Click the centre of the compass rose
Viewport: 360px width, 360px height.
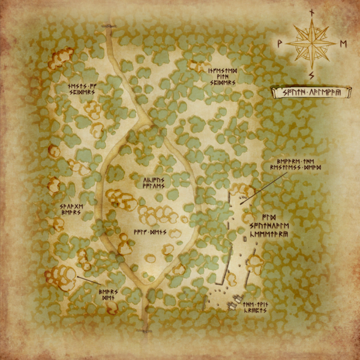point(311,43)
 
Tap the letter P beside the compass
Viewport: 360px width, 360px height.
point(280,43)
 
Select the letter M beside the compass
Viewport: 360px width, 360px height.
point(343,43)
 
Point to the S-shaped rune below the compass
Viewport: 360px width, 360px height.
point(311,75)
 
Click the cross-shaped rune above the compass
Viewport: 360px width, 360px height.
point(311,12)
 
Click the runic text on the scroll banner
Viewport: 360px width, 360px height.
point(311,92)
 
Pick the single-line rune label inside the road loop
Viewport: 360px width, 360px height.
point(149,229)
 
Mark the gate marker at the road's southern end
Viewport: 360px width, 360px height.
point(143,331)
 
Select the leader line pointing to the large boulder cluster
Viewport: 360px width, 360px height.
point(89,280)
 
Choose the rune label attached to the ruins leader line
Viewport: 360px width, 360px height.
point(296,165)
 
